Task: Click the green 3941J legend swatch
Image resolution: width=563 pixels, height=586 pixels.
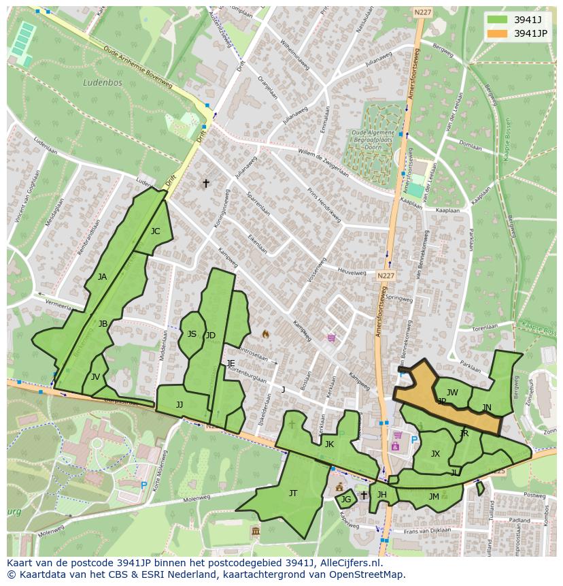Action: tap(497, 19)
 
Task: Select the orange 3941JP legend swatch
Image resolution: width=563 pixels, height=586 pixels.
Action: tap(497, 33)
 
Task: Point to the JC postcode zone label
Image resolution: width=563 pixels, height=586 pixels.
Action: tap(155, 231)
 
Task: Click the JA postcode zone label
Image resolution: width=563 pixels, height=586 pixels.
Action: tap(102, 277)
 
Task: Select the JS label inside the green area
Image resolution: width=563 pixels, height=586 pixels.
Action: tap(192, 334)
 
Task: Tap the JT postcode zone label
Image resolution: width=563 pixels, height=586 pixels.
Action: tap(293, 493)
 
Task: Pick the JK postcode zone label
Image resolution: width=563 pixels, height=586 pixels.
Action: tap(329, 444)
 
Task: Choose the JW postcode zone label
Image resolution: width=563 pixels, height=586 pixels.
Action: tap(452, 393)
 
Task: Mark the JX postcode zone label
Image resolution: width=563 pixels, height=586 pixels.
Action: tap(435, 454)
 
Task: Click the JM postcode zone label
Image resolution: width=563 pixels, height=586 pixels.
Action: tap(434, 497)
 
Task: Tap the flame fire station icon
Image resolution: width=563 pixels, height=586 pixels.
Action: tap(265, 334)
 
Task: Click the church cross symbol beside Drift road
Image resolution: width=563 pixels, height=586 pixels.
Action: tap(206, 184)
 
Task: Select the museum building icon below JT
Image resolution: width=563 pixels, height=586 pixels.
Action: tap(255, 531)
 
